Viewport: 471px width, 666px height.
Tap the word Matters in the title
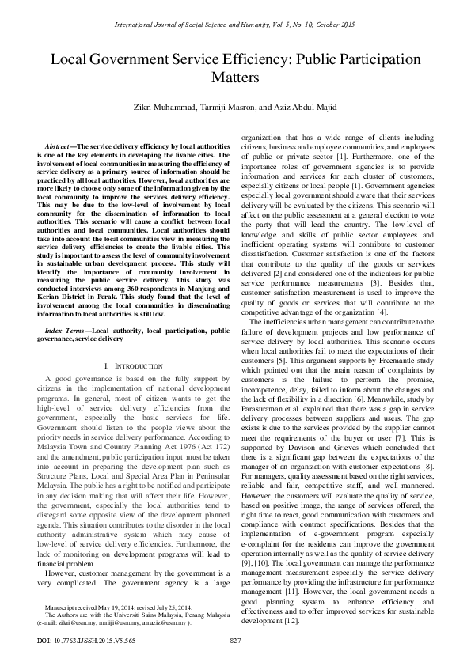click(235, 78)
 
